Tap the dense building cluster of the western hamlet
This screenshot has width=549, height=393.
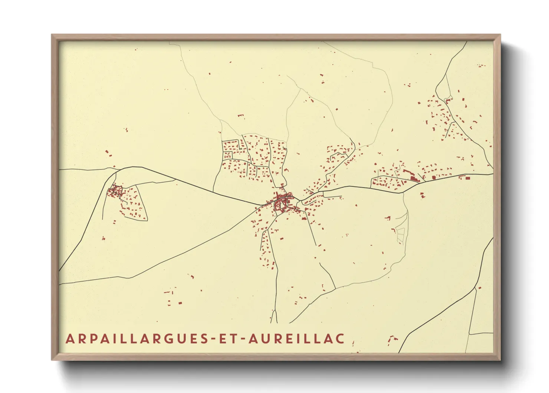[x=115, y=192]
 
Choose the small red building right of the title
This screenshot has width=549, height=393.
[x=391, y=339]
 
